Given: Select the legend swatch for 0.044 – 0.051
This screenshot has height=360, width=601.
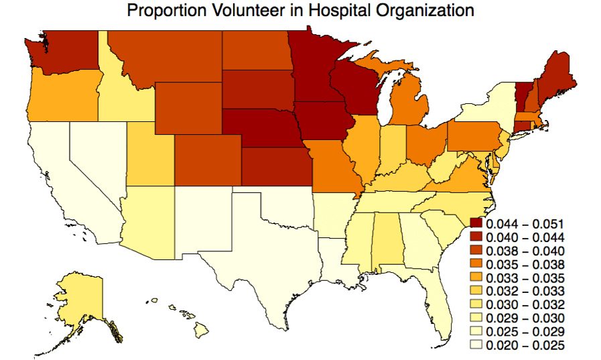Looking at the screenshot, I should (476, 223).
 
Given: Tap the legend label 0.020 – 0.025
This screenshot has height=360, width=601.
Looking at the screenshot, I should (525, 345).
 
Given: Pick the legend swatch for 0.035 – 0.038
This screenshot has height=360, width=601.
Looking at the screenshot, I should (476, 264).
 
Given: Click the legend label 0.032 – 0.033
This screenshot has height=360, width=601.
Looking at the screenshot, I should (525, 291).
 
